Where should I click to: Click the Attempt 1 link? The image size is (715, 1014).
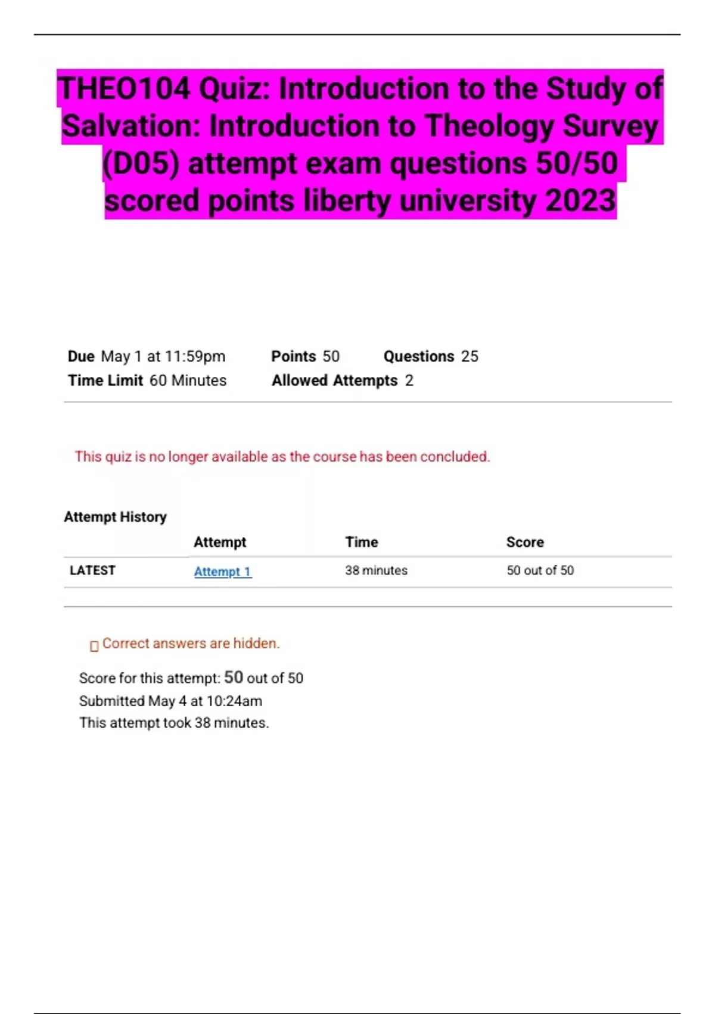coord(222,571)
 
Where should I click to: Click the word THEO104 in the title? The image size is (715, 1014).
coord(124,89)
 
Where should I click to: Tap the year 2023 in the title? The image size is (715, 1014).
coord(580,200)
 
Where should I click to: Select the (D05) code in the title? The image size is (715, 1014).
coord(141,163)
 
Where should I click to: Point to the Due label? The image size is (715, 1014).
coord(81,357)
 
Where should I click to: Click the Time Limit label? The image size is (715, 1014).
coord(105,381)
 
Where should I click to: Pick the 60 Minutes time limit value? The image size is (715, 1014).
coord(188,381)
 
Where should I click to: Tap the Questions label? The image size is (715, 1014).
coord(418,357)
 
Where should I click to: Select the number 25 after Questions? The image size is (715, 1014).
coord(470,357)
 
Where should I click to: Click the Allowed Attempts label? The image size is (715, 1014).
coord(334,381)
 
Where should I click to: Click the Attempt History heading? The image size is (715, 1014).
coord(115,517)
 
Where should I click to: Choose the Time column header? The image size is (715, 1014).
coord(362,542)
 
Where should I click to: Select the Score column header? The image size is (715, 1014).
coord(525,542)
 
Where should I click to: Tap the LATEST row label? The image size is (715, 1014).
coord(92,570)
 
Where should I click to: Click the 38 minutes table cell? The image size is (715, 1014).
coord(376,570)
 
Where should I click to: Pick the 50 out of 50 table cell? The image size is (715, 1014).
coord(540,570)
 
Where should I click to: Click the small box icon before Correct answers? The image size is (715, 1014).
coord(94,646)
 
